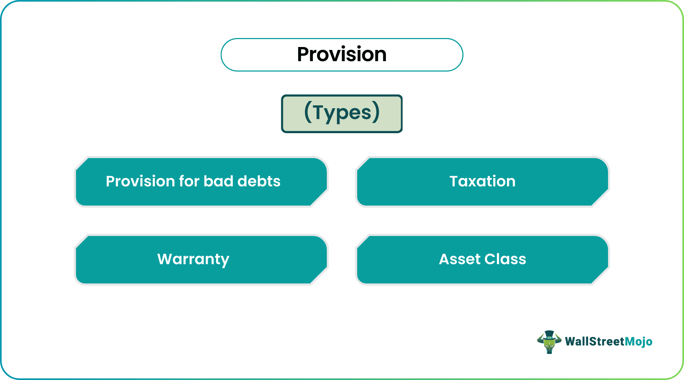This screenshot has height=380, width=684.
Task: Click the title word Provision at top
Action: pos(342,55)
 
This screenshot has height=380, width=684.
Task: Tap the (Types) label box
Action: pos(342,114)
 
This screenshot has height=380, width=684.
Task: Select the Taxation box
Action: pos(482,182)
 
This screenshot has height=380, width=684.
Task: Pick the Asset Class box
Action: pos(482,259)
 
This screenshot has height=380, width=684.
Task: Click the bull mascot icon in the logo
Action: pos(549,342)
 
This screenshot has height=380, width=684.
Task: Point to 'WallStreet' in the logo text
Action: pos(595,342)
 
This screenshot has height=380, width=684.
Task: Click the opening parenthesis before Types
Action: pos(308,112)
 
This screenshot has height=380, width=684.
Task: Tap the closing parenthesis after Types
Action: pos(376,112)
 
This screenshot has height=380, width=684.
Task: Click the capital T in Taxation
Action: pos(454,181)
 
